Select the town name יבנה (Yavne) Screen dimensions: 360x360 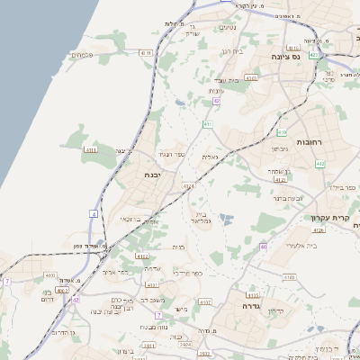(x=152, y=175)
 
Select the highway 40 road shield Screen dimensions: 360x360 (x=263, y=246)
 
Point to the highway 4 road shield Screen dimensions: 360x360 (x=93, y=214)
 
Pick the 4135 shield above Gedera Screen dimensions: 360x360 (x=253, y=294)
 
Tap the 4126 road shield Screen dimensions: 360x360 (x=319, y=229)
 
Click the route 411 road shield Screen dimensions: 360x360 (x=208, y=123)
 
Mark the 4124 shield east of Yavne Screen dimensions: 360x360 (x=187, y=186)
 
